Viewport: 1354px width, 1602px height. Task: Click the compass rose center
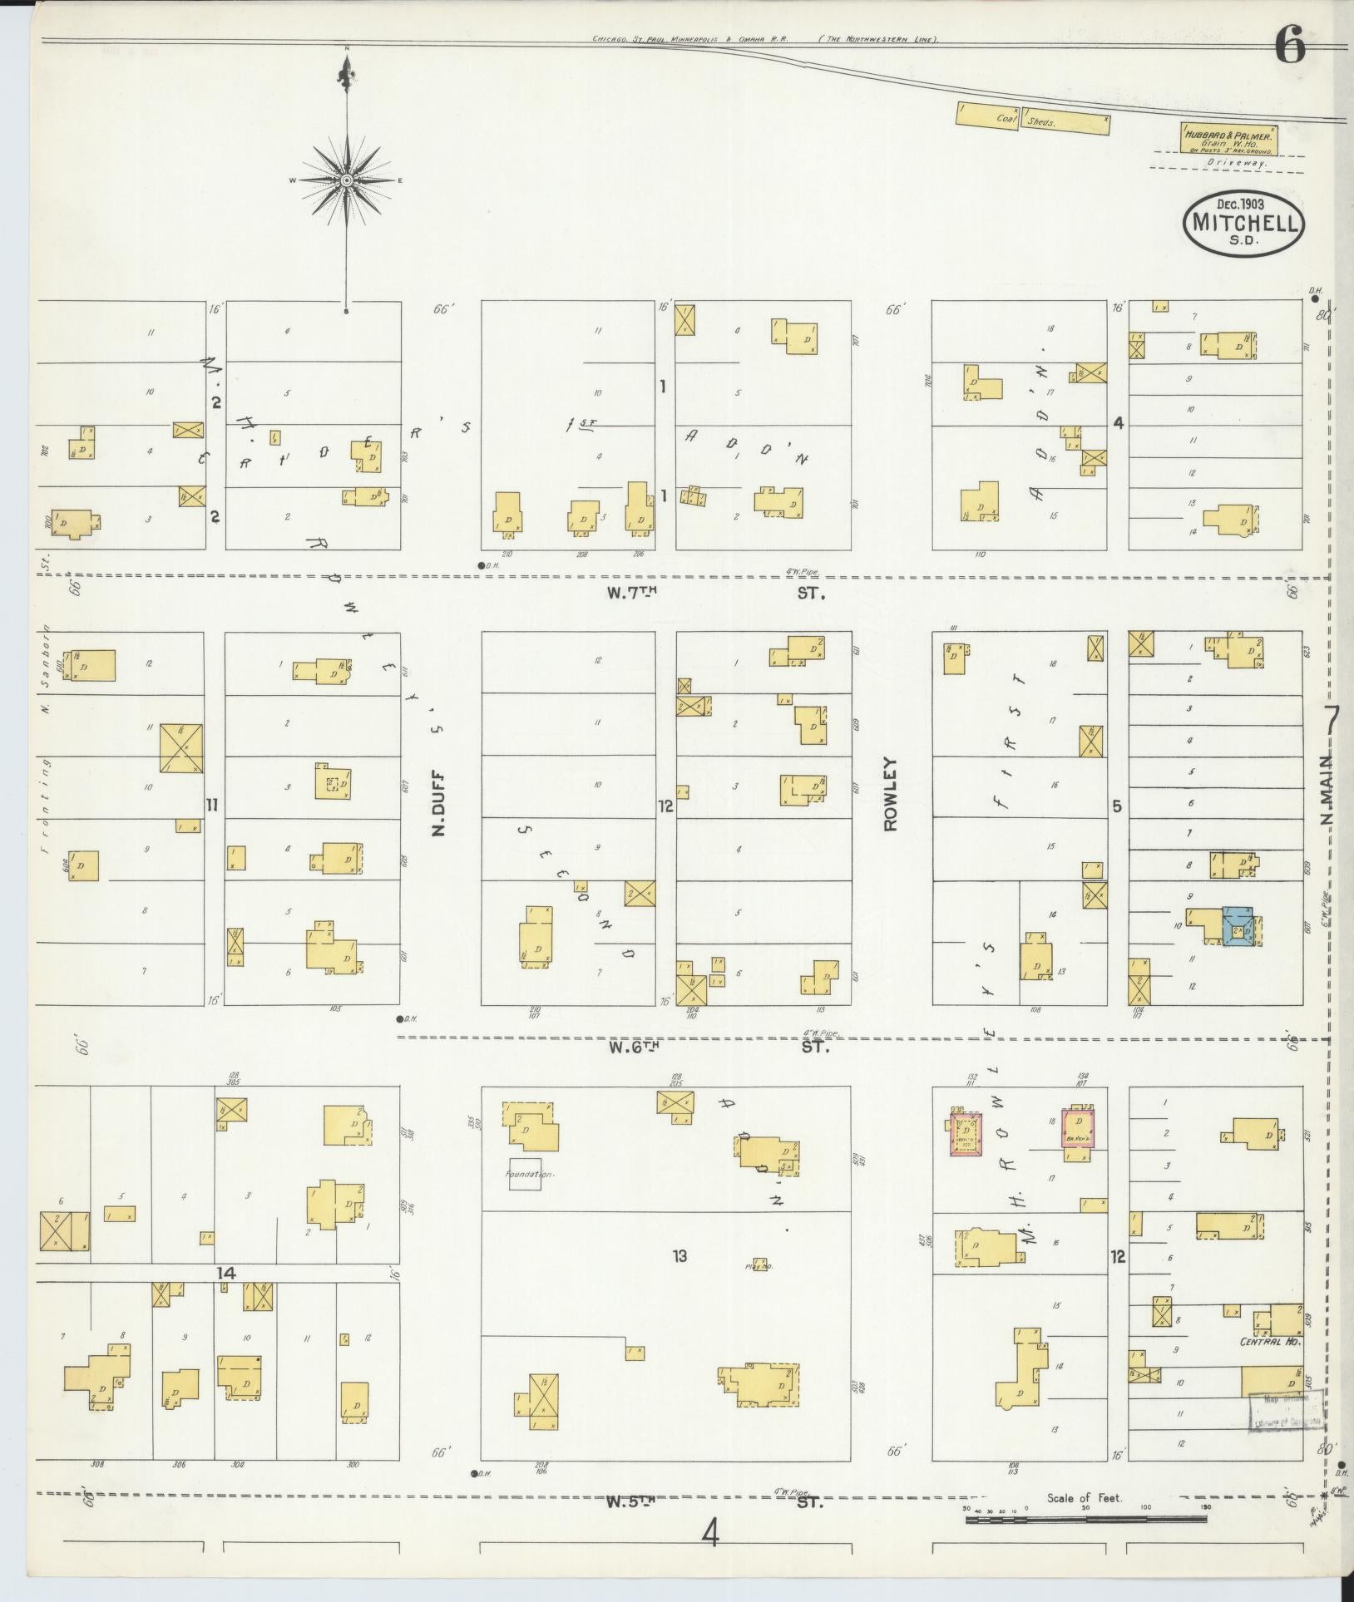(347, 180)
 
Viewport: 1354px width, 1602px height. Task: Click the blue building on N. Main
(1238, 926)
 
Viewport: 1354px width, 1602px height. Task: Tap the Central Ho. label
(1268, 1341)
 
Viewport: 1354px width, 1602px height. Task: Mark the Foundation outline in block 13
(525, 1174)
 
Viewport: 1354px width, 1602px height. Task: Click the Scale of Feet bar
(1086, 1519)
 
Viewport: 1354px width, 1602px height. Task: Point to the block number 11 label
(213, 804)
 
